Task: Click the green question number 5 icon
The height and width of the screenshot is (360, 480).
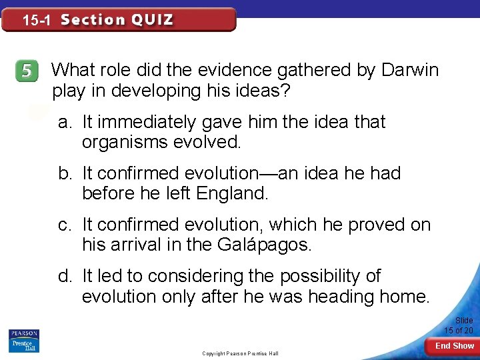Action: tap(27, 72)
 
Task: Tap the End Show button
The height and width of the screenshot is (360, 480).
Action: tap(455, 346)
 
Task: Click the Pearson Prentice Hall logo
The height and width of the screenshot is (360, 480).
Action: tap(23, 340)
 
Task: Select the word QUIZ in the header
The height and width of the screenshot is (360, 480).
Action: tap(152, 20)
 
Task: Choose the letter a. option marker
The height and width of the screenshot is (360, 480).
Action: tap(65, 123)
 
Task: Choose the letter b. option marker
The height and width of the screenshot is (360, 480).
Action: tap(65, 174)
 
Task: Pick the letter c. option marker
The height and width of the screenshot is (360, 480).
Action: tap(65, 225)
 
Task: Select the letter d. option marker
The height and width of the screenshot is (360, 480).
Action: tap(65, 276)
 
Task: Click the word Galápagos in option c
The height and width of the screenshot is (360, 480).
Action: tap(265, 245)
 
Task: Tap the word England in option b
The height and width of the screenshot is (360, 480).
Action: tap(233, 194)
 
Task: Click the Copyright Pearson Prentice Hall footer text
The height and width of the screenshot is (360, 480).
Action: tap(240, 353)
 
